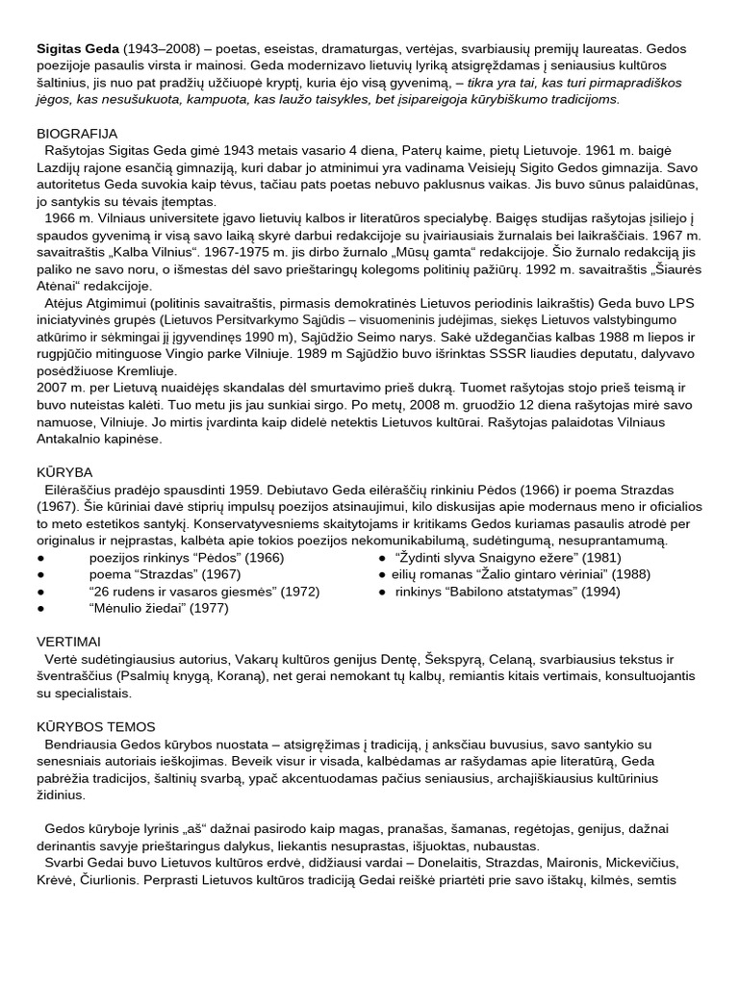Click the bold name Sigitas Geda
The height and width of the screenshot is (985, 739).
pos(76,47)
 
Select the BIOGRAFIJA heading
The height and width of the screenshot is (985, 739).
pos(77,134)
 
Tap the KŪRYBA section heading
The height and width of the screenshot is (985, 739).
pos(64,472)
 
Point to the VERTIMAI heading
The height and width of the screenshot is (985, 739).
pos(68,641)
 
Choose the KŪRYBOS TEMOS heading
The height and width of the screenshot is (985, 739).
pos(96,726)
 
